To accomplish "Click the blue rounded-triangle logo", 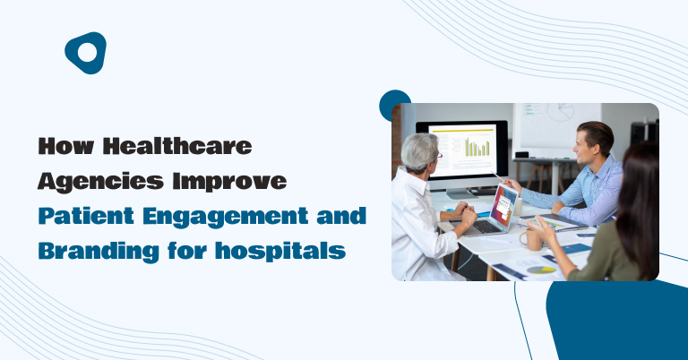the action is tap(86, 53).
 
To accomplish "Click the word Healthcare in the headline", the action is tap(177, 146).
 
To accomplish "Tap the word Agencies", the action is tap(100, 182).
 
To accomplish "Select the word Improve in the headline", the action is tap(229, 182).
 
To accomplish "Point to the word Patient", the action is tap(86, 216).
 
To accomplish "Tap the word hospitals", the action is tap(280, 252).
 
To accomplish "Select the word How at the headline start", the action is tap(65, 146).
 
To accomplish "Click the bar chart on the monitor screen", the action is tap(477, 148).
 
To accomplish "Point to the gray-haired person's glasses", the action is tap(438, 156).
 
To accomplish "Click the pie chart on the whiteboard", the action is tap(560, 112).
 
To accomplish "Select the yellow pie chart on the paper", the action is tap(541, 270).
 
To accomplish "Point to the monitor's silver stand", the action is tap(460, 193).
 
